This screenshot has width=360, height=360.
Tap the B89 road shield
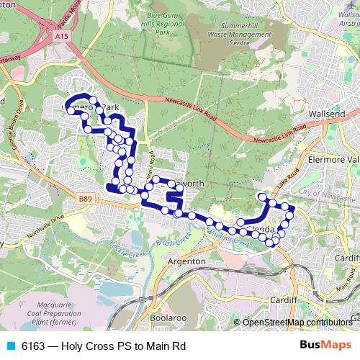(86, 198)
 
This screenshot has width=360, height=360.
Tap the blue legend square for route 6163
(10, 346)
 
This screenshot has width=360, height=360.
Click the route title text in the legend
(104, 346)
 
